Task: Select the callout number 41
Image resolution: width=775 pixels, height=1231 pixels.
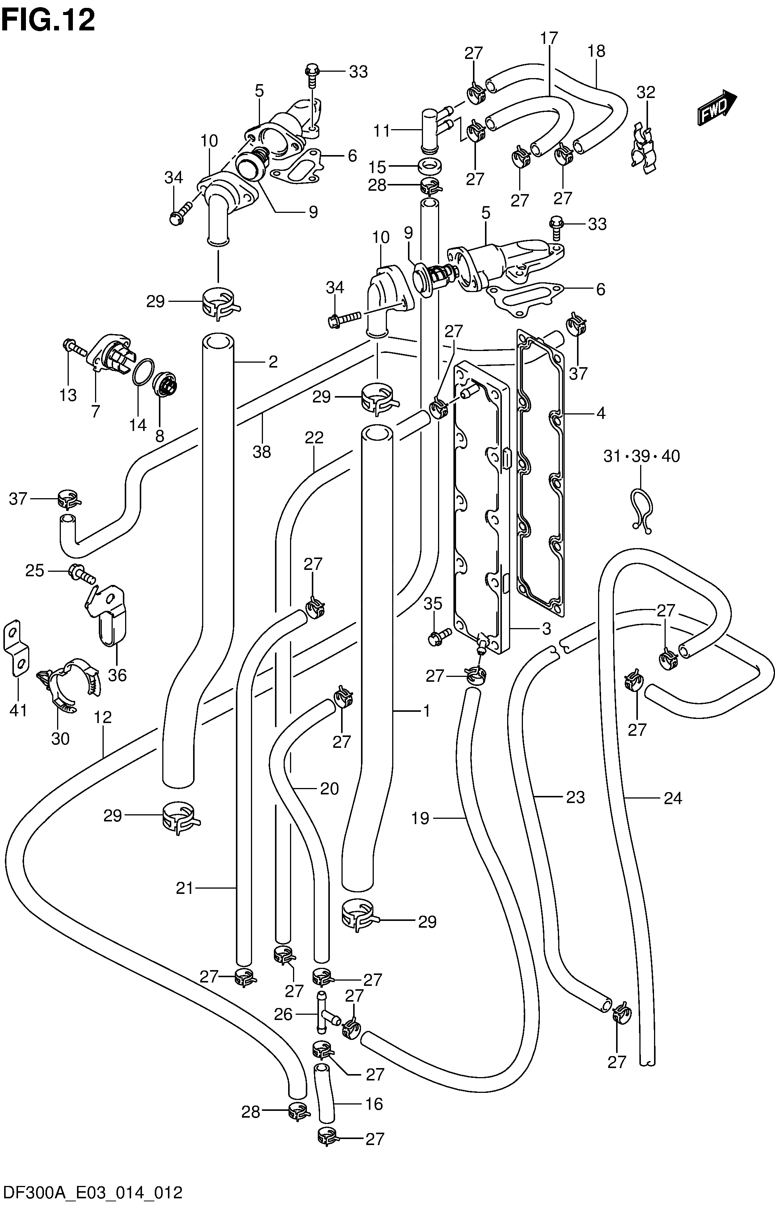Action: pyautogui.click(x=19, y=710)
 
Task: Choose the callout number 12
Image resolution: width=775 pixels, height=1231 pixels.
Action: pyautogui.click(x=103, y=717)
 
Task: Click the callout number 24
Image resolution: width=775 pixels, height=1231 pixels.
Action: pyautogui.click(x=673, y=798)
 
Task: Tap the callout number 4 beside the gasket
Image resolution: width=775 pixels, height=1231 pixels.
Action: pyautogui.click(x=601, y=413)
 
